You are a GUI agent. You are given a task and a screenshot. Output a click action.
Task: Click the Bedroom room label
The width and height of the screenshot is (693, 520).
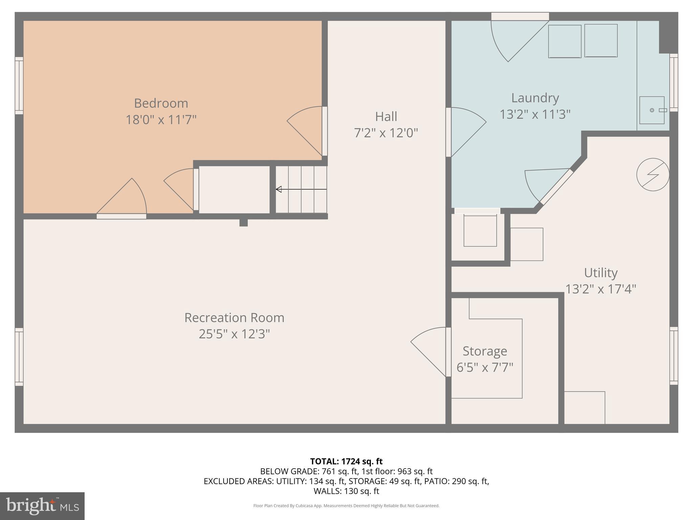tap(161, 103)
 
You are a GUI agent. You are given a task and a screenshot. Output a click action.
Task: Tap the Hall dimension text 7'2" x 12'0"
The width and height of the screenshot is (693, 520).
tap(386, 133)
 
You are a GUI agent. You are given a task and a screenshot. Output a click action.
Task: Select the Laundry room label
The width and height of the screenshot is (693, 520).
tap(535, 98)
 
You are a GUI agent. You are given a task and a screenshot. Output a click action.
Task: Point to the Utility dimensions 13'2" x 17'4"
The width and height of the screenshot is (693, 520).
tap(601, 289)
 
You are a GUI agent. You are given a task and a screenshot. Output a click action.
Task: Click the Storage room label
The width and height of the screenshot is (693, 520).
tap(485, 351)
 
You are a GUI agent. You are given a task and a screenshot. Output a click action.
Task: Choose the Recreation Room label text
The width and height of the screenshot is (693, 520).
tap(234, 318)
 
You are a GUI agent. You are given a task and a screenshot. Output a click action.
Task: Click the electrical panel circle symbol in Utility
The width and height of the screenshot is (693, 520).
tap(653, 175)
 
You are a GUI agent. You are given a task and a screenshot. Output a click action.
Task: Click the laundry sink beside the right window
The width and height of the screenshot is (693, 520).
tap(652, 110)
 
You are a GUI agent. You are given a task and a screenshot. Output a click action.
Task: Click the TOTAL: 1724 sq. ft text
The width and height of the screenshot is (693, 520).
tap(346, 461)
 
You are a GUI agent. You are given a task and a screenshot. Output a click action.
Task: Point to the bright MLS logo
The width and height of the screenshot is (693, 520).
tap(42, 506)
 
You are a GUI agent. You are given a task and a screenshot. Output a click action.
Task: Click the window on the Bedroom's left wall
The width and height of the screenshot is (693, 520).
tap(19, 85)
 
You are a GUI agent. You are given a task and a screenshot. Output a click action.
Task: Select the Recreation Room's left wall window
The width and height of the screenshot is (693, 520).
tap(19, 357)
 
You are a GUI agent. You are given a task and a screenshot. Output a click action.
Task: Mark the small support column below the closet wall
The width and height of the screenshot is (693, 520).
tap(243, 223)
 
